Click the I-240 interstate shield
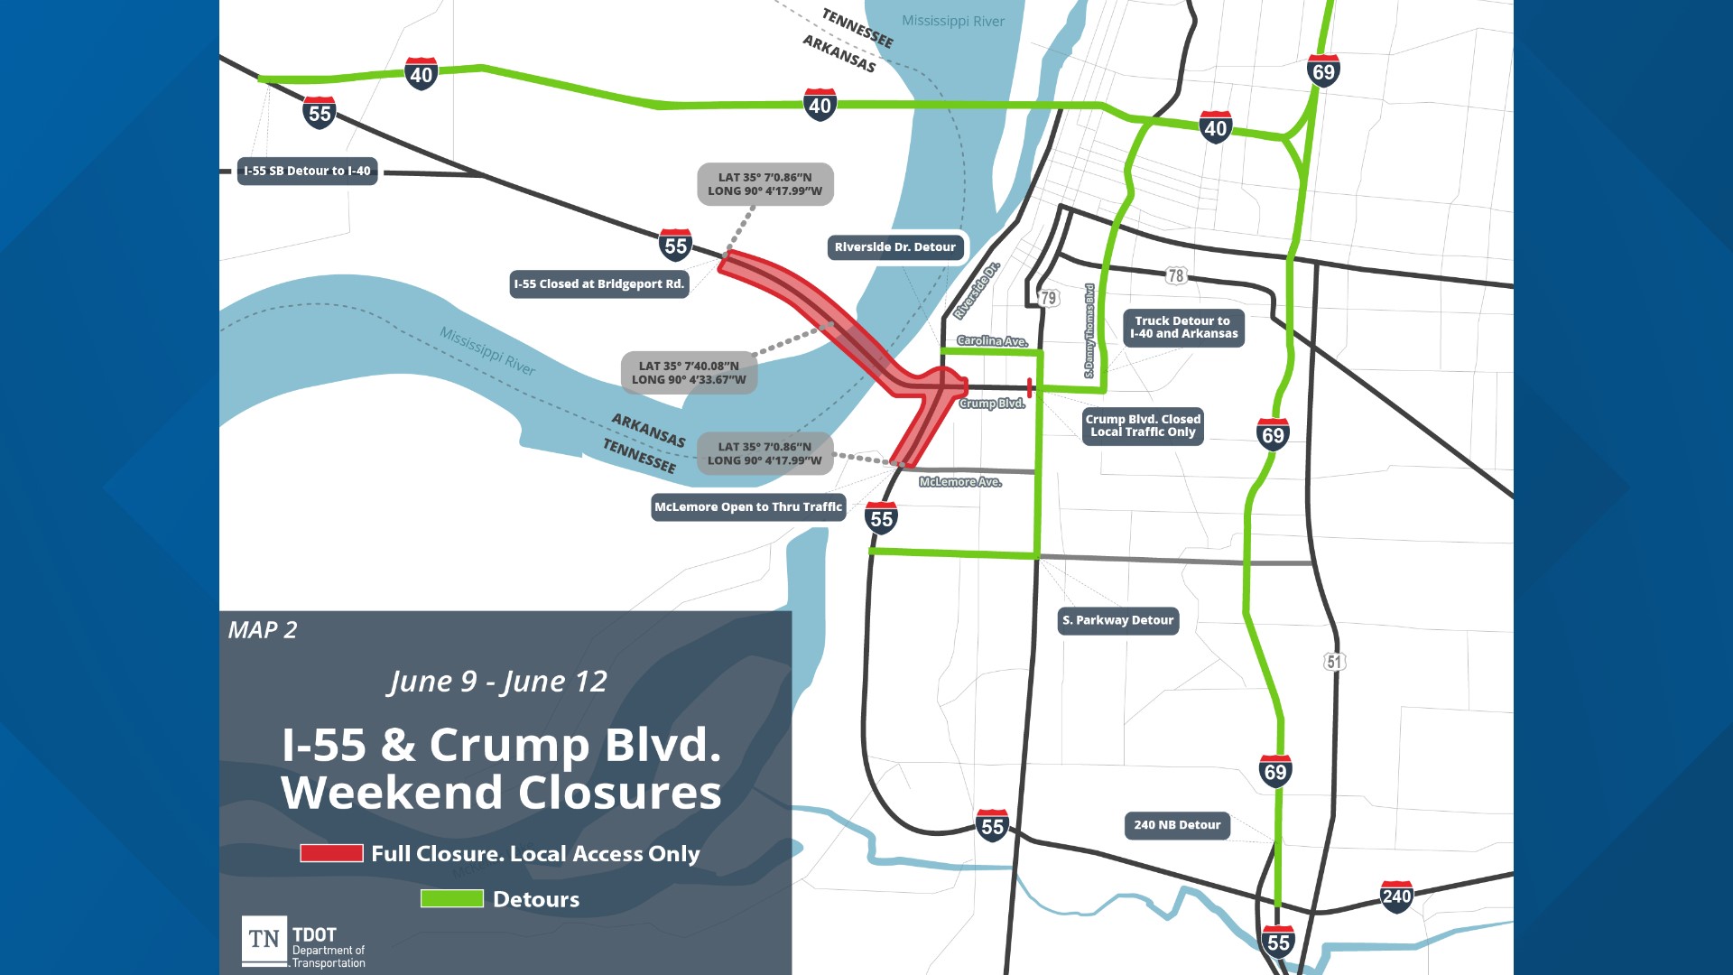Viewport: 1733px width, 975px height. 1396,896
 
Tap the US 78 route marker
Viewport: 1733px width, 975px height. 1175,275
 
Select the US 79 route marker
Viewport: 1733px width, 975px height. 1048,298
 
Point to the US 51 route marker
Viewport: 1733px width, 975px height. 1334,662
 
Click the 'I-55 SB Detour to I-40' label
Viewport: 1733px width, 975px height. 307,171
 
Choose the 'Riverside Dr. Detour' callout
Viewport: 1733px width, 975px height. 894,247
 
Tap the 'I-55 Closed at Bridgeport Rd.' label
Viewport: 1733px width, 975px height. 599,284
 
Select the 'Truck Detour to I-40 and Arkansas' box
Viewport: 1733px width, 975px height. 1183,328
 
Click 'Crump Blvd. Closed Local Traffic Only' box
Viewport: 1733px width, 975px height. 1143,426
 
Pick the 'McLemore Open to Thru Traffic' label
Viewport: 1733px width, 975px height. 748,507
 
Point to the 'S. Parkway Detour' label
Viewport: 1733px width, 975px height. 1117,620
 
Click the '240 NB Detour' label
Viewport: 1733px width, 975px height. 1177,825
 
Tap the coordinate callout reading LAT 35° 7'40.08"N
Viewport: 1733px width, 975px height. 689,373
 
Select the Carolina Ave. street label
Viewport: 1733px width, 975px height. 992,341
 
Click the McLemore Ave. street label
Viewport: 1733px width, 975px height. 960,482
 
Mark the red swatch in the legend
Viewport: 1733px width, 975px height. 331,853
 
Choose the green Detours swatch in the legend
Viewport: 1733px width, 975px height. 451,898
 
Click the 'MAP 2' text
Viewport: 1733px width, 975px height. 263,630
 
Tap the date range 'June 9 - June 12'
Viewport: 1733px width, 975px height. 498,682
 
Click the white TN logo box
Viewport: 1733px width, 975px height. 264,940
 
